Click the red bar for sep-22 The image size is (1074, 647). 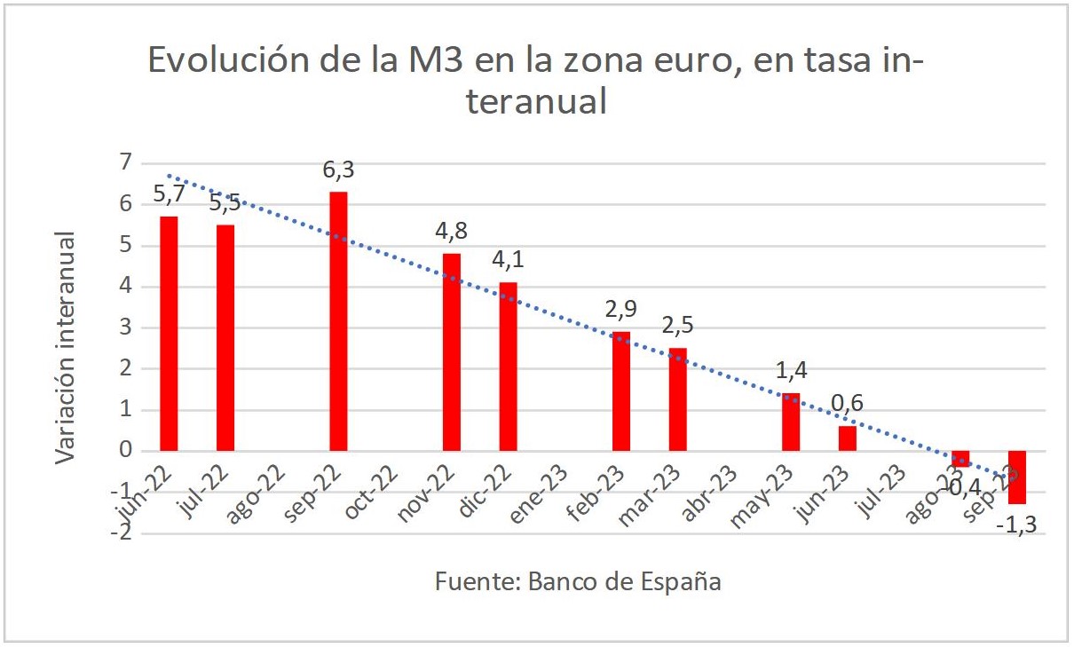click(x=338, y=321)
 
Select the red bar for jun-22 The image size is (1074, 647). click(x=169, y=334)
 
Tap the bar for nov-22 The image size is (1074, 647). click(x=451, y=352)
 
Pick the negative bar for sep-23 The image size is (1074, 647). click(x=1017, y=477)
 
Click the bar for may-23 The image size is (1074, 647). click(x=791, y=422)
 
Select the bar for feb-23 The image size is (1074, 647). click(x=621, y=391)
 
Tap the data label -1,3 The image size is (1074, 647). click(x=1016, y=527)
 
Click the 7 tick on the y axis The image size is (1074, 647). click(x=125, y=162)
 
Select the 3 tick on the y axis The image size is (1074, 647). click(x=125, y=327)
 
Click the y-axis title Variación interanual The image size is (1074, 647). click(x=64, y=347)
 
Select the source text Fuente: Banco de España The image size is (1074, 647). click(x=578, y=582)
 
